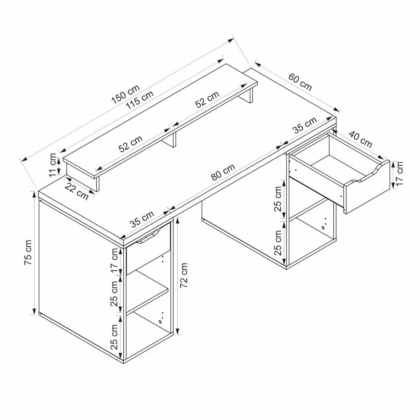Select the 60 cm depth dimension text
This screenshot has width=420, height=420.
(x=300, y=82)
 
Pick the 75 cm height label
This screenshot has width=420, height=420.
(x=28, y=252)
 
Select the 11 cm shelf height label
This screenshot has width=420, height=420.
(x=53, y=164)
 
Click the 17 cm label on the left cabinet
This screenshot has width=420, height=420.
(x=115, y=262)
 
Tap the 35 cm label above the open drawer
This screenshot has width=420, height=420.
(x=304, y=126)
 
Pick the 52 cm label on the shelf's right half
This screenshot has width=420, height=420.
(x=207, y=100)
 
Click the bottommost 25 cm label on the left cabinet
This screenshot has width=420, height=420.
(x=115, y=336)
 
